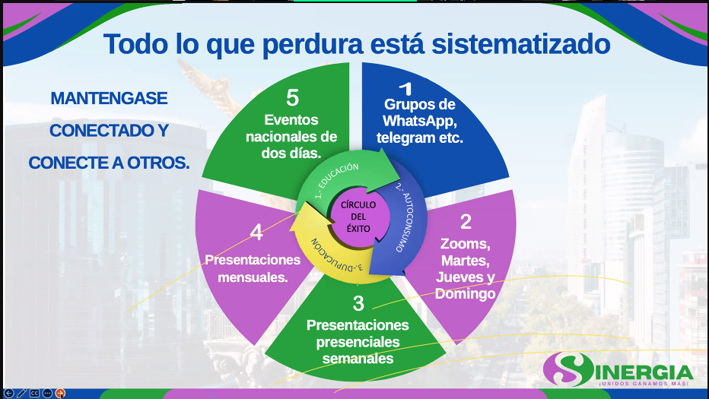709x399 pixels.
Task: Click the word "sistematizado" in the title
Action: coord(521,44)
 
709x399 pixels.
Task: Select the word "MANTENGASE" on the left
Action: coord(109,98)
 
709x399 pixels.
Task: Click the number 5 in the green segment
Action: coord(293,97)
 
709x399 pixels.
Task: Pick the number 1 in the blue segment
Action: coord(406,89)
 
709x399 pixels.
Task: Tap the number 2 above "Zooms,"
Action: coord(466,221)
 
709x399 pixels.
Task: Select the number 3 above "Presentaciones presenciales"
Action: coord(358,303)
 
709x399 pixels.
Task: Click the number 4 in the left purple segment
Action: coord(256,233)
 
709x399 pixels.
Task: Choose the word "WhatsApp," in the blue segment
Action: coord(420,121)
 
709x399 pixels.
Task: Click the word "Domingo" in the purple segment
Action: coord(466,293)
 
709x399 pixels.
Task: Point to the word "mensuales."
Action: coord(253,277)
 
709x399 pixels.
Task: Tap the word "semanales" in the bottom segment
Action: coord(358,358)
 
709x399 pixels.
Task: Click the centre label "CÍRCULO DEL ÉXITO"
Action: coord(358,217)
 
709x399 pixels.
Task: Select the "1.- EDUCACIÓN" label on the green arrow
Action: coord(337,180)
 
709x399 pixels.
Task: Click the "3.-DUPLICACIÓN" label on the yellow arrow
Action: coord(336,255)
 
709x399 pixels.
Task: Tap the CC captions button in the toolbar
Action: coord(34,393)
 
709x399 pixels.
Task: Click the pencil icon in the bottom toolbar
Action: coord(21,393)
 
